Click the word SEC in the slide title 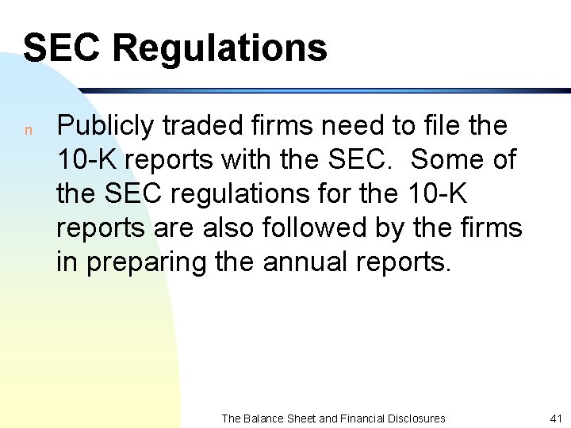click(63, 48)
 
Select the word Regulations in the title click(219, 49)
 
